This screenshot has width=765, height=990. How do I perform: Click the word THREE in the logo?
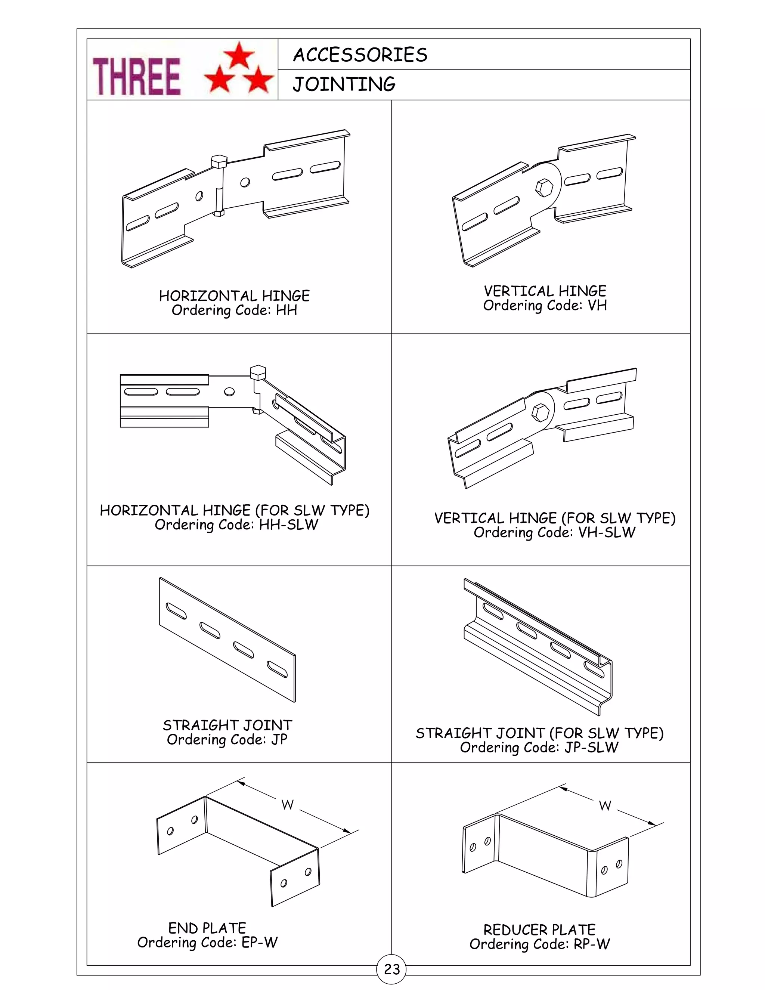coord(136,77)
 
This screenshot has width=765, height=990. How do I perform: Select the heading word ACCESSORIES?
coord(360,55)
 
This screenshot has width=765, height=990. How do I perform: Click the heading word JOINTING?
coord(344,84)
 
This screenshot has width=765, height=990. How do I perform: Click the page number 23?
coord(391,969)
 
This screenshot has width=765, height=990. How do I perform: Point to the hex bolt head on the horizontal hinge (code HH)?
coord(219,161)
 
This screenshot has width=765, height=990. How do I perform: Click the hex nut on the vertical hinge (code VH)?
coord(543,187)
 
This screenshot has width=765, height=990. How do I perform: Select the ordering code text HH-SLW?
coord(288,525)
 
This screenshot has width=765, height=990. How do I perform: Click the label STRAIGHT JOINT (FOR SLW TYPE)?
coord(539,733)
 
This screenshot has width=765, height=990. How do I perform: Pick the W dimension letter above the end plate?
coord(287,805)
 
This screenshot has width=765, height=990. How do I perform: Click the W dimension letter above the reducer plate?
coord(605,806)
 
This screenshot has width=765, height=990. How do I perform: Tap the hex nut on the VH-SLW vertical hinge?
coord(541,412)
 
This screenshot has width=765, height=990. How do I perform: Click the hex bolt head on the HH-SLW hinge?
coord(257,372)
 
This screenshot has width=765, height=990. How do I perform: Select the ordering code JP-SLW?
coord(591,748)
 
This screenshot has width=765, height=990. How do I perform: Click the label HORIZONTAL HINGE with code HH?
coord(234,296)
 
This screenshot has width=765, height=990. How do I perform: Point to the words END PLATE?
coord(207,928)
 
